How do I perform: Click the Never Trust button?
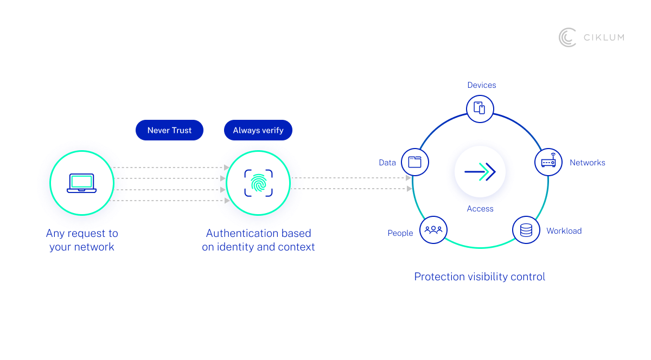coord(169,131)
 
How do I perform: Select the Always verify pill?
coord(258,131)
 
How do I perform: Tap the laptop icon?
coord(81,183)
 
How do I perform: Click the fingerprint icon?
coord(258,183)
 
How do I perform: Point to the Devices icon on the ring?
coord(480,108)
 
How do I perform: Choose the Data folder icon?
coord(415,162)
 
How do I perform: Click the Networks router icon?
coord(548,162)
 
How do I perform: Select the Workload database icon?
coord(526,230)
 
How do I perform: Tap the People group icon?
coord(433,230)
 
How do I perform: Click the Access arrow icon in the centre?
coord(480,172)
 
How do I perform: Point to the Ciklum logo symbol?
coord(567,37)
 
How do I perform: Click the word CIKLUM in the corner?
coord(604,37)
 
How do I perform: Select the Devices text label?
coord(482,85)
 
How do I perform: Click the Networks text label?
coord(587,163)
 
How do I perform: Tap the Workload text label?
coord(564,231)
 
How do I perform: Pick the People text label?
coord(400,233)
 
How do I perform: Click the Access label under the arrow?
coord(480,209)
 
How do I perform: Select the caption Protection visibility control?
coord(480,277)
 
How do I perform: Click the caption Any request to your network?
coord(82,240)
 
